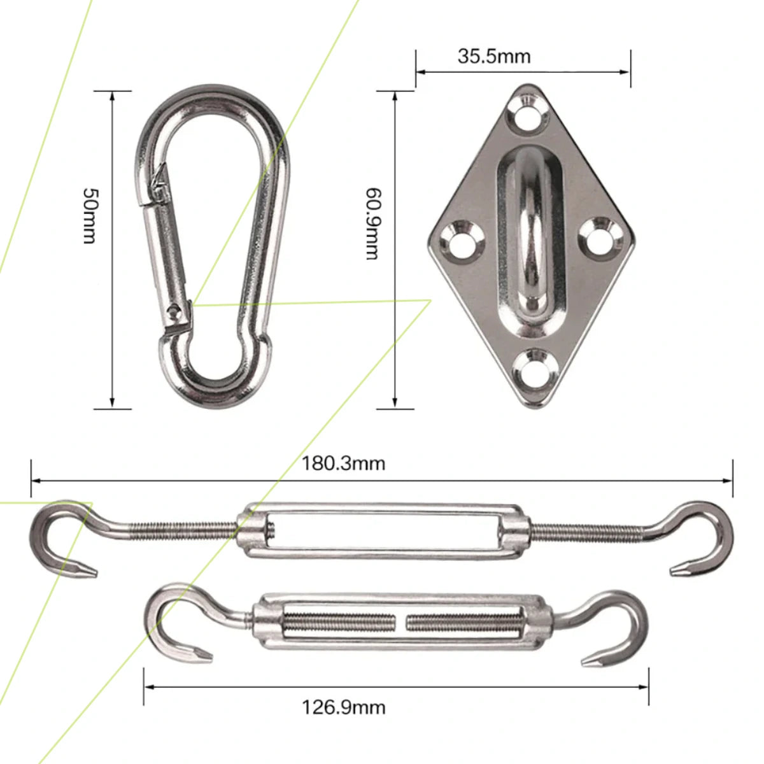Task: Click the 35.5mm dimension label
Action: pos(493,56)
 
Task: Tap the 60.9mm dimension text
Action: pos(372,223)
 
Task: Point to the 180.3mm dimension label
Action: pos(343,463)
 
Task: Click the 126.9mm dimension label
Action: pos(343,707)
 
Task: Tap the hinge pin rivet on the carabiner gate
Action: pos(174,311)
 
